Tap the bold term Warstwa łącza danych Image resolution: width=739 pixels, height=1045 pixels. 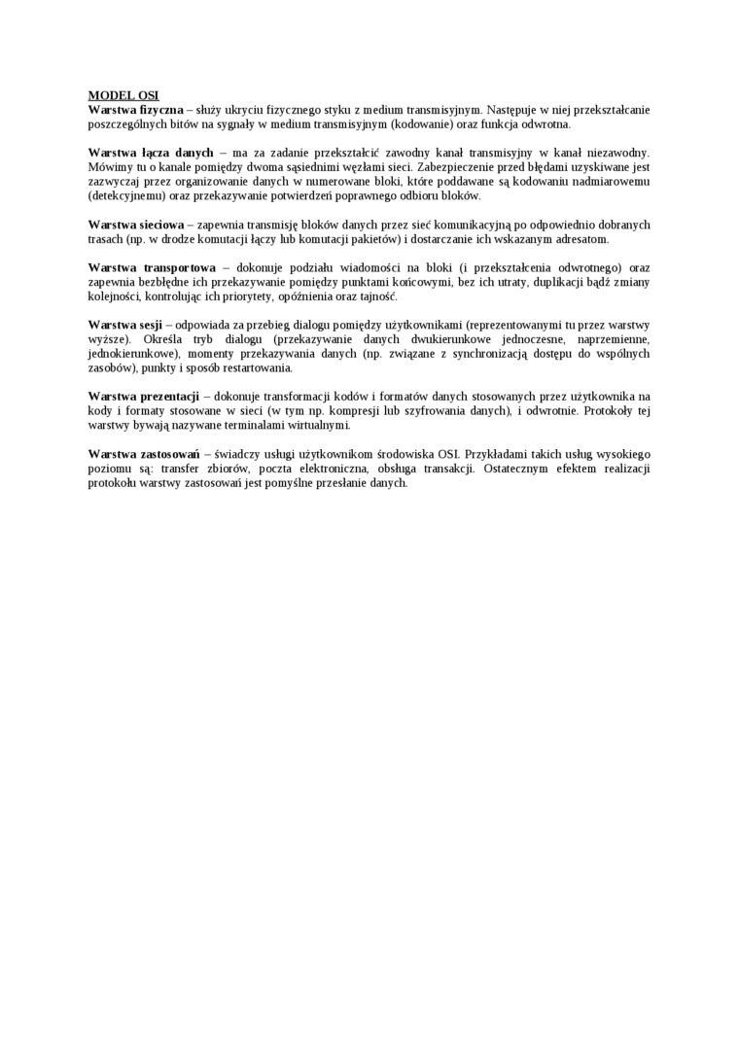coord(151,153)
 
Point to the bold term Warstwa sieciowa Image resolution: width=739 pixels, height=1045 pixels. coord(135,225)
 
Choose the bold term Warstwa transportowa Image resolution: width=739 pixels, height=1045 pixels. coord(152,267)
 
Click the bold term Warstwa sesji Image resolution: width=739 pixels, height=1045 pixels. coord(124,325)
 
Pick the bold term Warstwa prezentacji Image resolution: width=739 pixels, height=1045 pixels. coord(143,397)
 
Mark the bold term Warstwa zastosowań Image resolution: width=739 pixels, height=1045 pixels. coord(143,454)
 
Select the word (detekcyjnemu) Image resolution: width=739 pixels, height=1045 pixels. coord(126,195)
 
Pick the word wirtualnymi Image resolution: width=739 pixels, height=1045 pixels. coord(318,426)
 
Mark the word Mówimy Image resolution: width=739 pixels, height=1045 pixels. coord(106,167)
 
